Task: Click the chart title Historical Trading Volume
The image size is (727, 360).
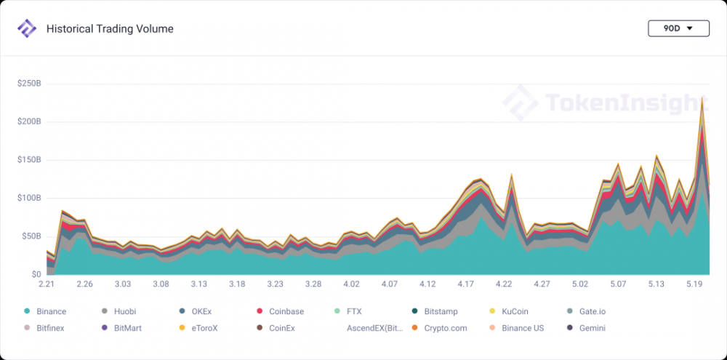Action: click(110, 29)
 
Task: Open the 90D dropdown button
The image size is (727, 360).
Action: click(678, 29)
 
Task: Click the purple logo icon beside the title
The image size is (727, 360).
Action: click(27, 29)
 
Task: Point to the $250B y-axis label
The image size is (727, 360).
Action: click(29, 84)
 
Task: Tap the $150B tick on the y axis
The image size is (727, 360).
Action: click(29, 160)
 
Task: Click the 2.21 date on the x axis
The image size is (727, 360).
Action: click(47, 284)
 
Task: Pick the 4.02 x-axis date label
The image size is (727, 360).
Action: click(351, 284)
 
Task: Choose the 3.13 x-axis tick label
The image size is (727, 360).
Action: click(198, 284)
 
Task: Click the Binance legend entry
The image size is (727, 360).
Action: click(45, 311)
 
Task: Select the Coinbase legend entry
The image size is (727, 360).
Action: click(281, 311)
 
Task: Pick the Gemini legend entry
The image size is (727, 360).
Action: click(586, 328)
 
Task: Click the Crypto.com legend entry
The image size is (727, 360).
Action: click(438, 328)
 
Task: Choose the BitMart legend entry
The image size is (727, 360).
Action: click(122, 328)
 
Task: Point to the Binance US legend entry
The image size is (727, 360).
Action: click(517, 328)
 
